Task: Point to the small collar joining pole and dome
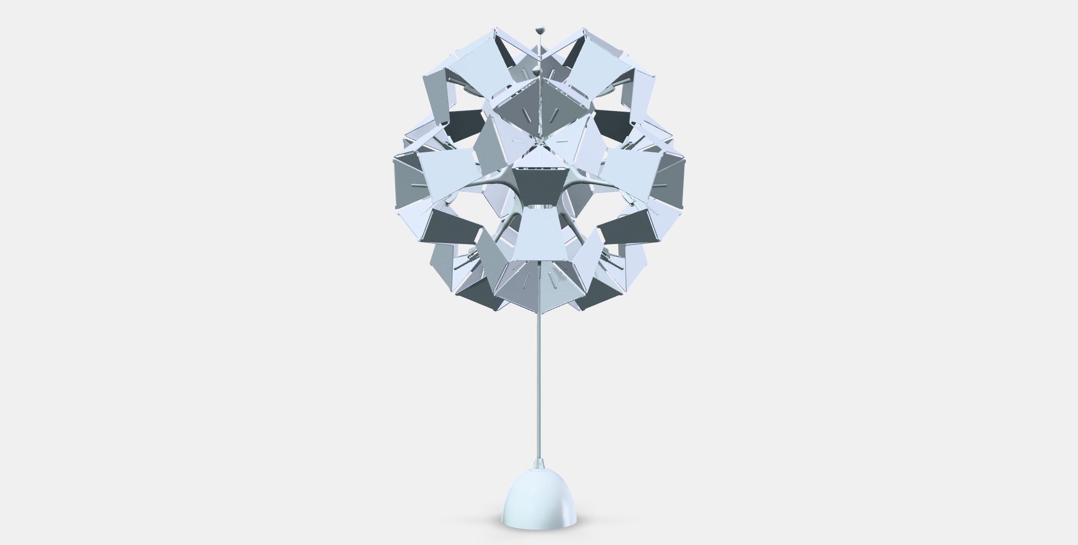539,463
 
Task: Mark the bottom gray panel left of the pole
519,282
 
